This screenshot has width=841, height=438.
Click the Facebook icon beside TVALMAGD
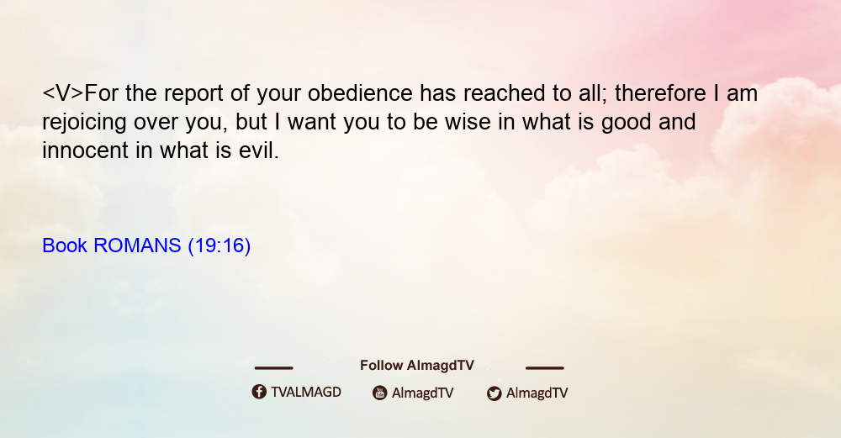(x=259, y=392)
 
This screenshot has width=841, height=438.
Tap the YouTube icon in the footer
(x=380, y=393)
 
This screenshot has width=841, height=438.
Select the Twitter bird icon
(x=494, y=393)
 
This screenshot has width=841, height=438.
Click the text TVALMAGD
(x=306, y=392)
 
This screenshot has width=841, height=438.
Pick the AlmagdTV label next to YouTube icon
(x=423, y=393)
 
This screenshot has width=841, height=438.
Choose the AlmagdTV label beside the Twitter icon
(x=537, y=393)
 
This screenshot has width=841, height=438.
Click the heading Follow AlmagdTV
(x=417, y=365)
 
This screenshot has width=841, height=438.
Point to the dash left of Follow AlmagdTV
(x=273, y=367)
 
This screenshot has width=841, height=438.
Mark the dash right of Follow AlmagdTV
(x=545, y=367)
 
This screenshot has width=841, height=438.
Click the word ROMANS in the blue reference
(x=137, y=245)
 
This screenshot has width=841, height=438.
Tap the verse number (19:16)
(x=220, y=245)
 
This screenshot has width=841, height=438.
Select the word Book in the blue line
(x=65, y=245)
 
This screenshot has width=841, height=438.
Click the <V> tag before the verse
(x=63, y=93)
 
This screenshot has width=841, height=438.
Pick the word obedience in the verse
(x=360, y=93)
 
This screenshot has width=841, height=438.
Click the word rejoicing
(x=85, y=122)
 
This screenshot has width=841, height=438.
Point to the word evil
(x=259, y=150)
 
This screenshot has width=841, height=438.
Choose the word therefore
(x=660, y=93)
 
